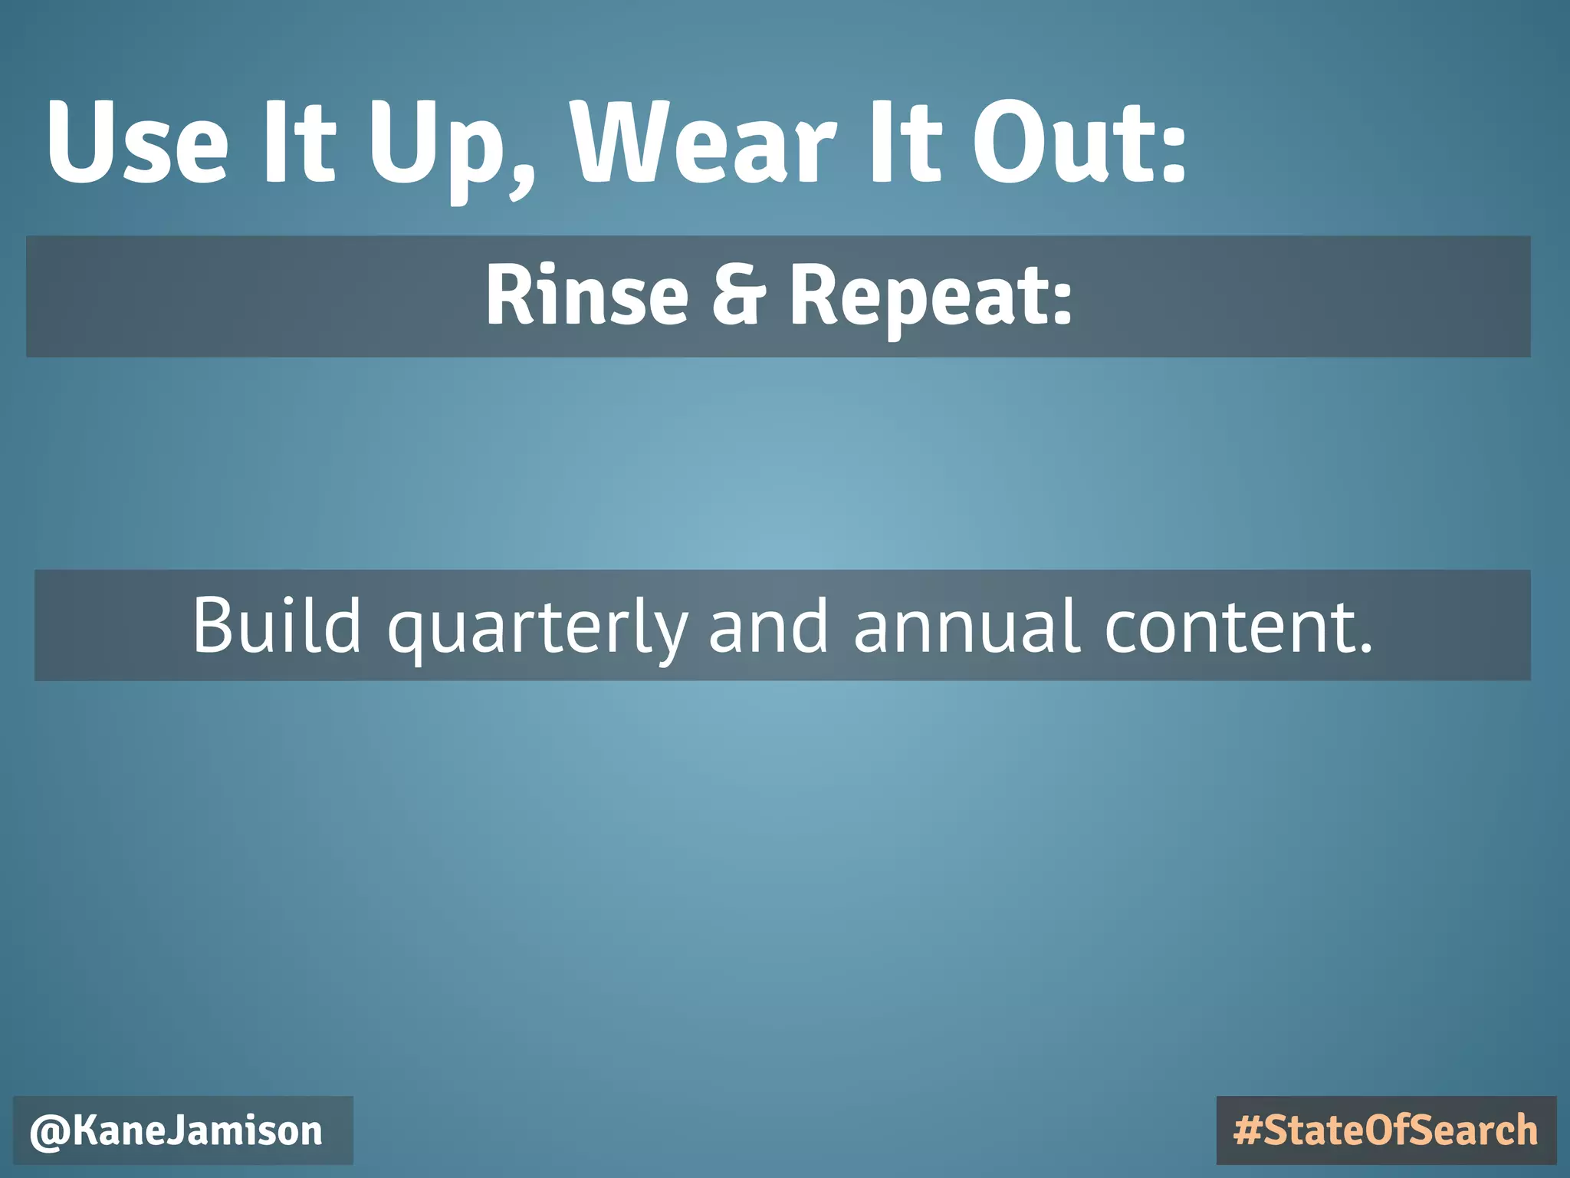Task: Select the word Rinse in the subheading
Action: [586, 295]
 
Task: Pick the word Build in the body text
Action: [276, 625]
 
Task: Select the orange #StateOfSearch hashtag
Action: [1386, 1130]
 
